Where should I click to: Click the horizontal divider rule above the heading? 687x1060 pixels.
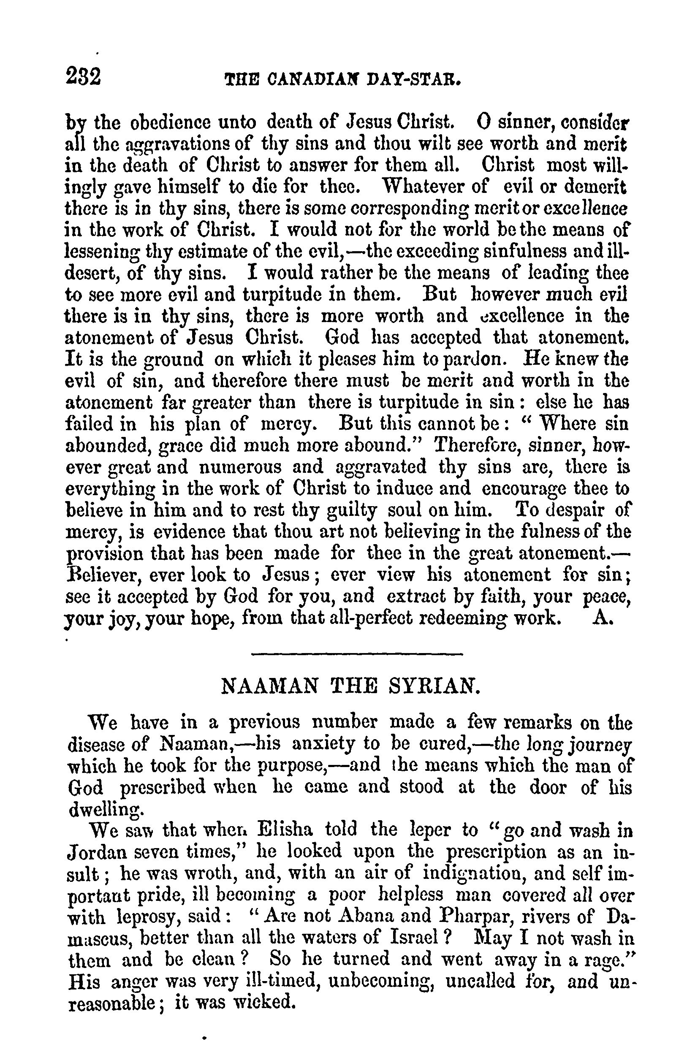pos(357,653)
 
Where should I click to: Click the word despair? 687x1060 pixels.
pos(568,510)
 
